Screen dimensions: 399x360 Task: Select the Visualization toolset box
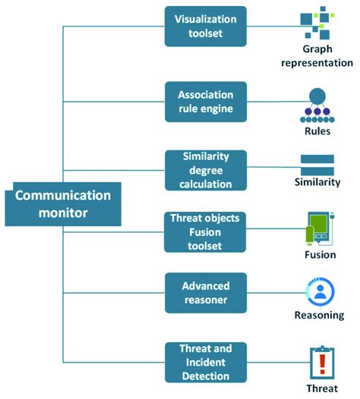[x=205, y=26]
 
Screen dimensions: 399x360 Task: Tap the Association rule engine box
[x=205, y=102]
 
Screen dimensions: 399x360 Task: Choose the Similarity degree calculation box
[x=205, y=170]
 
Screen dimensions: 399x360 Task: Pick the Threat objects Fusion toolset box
[x=205, y=231]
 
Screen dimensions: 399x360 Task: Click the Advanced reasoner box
[x=205, y=293]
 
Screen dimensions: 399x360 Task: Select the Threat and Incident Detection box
[x=205, y=362]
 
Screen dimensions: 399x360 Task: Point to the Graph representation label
[x=317, y=55]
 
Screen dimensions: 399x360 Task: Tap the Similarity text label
[x=317, y=182]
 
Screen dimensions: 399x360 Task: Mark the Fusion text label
[x=317, y=256]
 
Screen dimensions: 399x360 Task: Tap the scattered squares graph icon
[x=316, y=23]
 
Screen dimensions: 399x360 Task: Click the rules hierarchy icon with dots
[x=317, y=105]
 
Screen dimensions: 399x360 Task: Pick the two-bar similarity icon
[x=317, y=164]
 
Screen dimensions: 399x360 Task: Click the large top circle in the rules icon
[x=317, y=96]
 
